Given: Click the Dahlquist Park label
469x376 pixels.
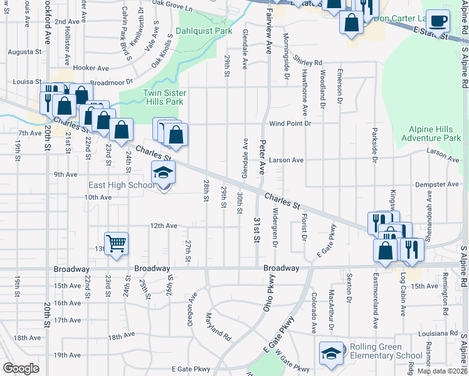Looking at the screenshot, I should pyautogui.click(x=204, y=31).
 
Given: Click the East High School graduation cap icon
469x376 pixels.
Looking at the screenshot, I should pyautogui.click(x=163, y=172).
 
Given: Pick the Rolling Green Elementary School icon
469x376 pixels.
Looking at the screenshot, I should pyautogui.click(x=332, y=353).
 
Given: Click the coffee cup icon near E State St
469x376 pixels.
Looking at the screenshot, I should pyautogui.click(x=438, y=21).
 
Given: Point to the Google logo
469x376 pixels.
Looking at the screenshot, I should pyautogui.click(x=21, y=368).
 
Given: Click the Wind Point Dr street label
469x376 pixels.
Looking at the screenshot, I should pyautogui.click(x=290, y=124).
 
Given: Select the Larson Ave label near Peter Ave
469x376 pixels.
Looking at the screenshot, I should pyautogui.click(x=286, y=160).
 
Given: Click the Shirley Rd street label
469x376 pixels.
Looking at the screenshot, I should pyautogui.click(x=308, y=63).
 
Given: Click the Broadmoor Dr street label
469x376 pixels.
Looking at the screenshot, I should pyautogui.click(x=112, y=81).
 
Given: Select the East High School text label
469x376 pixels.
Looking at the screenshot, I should pyautogui.click(x=122, y=185).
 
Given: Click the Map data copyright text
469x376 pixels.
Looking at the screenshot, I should pyautogui.click(x=442, y=371).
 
